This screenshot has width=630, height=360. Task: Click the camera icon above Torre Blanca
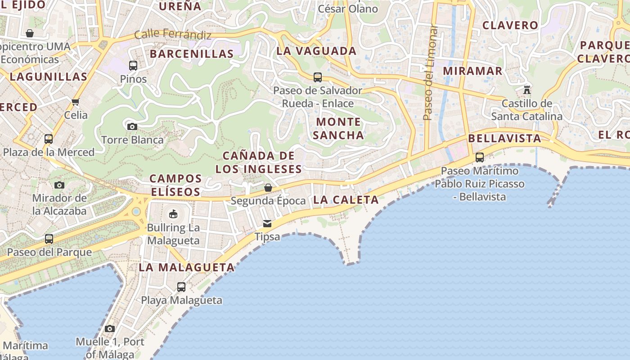(132, 126)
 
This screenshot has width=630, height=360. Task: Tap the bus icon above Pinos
(133, 66)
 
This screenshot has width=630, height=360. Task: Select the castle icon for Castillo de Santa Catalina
(527, 90)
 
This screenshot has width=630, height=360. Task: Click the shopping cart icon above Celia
(76, 102)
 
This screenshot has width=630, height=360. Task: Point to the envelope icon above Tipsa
(267, 224)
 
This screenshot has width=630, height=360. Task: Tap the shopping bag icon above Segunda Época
(268, 187)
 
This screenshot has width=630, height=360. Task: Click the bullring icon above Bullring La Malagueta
(173, 214)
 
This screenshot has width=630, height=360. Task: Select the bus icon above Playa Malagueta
(181, 287)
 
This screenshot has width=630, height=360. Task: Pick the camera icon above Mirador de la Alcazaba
(59, 185)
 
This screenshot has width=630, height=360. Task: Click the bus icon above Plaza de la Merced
(49, 139)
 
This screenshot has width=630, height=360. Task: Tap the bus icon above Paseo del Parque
(49, 239)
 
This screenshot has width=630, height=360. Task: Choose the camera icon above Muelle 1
(110, 328)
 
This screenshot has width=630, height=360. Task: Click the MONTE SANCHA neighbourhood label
(338, 128)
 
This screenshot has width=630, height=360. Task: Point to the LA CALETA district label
(346, 200)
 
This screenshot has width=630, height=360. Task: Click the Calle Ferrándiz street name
(173, 34)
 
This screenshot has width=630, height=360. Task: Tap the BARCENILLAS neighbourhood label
(192, 54)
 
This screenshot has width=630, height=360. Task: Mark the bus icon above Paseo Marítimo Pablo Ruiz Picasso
(480, 157)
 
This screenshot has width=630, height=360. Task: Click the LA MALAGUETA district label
(187, 267)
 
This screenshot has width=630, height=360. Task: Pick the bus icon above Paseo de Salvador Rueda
(318, 77)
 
